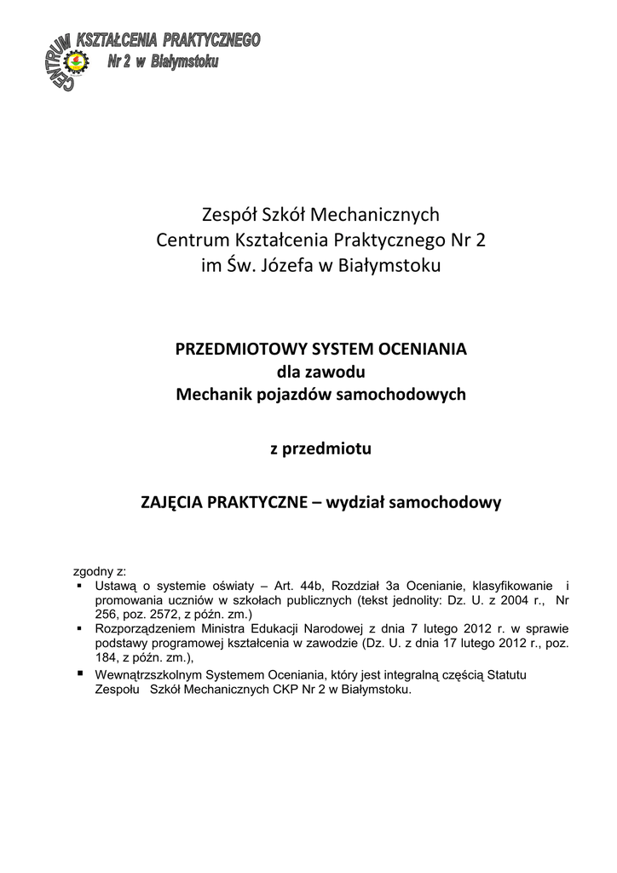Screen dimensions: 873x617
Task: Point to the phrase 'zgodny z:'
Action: coord(100,572)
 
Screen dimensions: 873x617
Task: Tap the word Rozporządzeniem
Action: coord(144,628)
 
